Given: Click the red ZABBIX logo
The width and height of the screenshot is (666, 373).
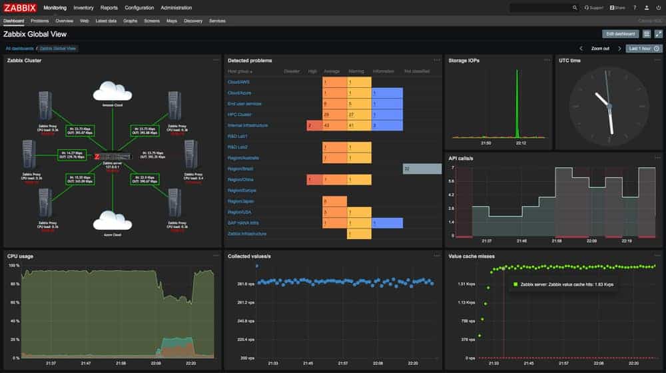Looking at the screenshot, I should point(20,8).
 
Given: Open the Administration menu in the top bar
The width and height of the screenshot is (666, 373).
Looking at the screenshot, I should point(176,8).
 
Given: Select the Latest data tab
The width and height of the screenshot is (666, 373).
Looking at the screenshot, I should point(106,21).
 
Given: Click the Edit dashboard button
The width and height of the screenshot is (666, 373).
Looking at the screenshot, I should point(619,34).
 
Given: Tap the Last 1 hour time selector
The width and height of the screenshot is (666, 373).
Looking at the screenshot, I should point(643,49).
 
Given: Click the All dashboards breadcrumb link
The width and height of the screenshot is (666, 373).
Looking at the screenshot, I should point(19,49).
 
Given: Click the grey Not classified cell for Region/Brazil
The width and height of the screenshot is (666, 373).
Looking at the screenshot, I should point(422,169).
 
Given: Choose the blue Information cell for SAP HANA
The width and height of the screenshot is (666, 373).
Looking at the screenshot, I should point(387,223).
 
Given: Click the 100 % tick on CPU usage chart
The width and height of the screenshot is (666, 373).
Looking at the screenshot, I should point(13,266).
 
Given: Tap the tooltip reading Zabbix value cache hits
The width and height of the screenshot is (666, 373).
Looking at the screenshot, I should point(563,284).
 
